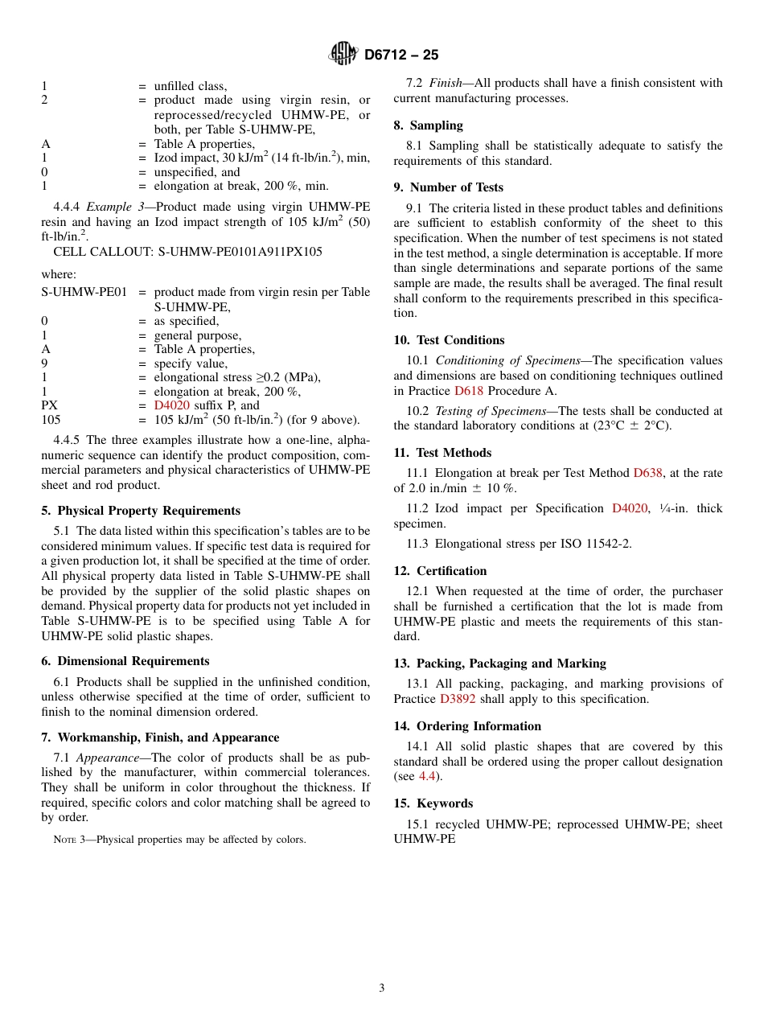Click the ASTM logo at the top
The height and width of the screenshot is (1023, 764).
pos(343,55)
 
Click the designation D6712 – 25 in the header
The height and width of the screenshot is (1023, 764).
pos(400,55)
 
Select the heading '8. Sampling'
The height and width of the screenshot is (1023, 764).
pos(428,125)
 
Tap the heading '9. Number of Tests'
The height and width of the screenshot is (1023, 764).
pos(448,187)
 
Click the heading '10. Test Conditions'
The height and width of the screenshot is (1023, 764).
pos(449,340)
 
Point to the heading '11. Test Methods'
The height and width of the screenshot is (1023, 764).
pos(442,453)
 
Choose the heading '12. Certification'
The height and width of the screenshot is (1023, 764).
pos(440,571)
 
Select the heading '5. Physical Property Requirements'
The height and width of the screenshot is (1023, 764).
pos(141,511)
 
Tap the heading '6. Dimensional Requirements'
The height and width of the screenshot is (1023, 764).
pos(125,661)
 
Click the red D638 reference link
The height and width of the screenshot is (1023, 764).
pos(647,473)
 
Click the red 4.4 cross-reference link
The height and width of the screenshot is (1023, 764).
pos(427,776)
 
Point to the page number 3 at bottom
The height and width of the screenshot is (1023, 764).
pos(382,988)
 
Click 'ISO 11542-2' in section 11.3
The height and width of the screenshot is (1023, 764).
pos(600,544)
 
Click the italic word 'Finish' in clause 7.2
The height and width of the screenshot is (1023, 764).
pos(446,83)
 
